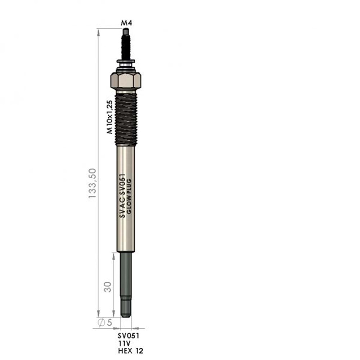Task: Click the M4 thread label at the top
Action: click(x=126, y=23)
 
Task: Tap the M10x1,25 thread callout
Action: click(x=109, y=117)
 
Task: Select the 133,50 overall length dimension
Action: click(x=92, y=184)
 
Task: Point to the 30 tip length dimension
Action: click(x=107, y=287)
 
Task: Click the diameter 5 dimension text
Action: click(x=105, y=322)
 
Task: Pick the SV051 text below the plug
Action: click(x=129, y=336)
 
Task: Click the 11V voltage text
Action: click(x=124, y=343)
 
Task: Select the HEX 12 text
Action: click(x=130, y=351)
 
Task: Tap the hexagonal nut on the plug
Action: click(x=126, y=81)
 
